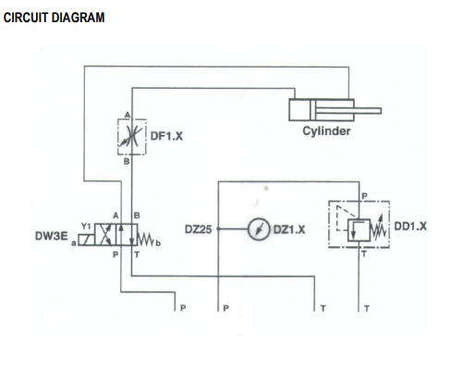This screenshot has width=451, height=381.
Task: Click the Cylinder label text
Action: (326, 131)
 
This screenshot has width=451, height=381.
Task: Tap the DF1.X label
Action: (168, 137)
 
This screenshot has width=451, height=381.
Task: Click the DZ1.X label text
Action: (290, 228)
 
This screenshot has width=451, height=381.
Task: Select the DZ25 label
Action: (199, 228)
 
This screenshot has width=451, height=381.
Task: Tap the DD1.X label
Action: (410, 225)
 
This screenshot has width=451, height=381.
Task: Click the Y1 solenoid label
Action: (86, 226)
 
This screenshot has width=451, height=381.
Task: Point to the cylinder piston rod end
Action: (380, 110)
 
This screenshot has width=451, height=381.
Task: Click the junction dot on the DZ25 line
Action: (217, 228)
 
